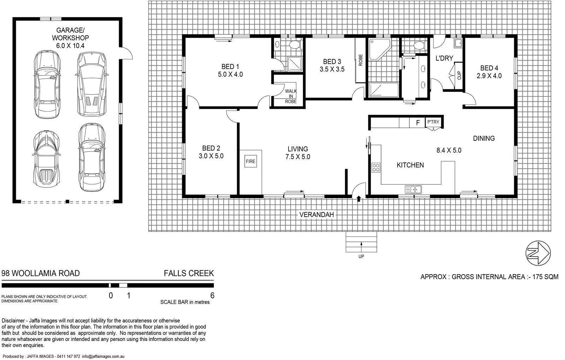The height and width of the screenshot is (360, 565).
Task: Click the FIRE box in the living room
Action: (x=250, y=161)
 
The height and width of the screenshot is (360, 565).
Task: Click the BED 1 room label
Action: (x=230, y=66)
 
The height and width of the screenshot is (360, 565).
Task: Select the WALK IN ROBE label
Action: (x=291, y=96)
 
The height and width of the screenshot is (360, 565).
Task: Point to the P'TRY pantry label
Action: (x=433, y=122)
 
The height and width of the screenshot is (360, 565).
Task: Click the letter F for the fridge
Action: (x=418, y=122)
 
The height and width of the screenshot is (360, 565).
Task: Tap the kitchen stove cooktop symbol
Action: (x=376, y=167)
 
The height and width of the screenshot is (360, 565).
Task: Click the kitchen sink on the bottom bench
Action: (x=413, y=190)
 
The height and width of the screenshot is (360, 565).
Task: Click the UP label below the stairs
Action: (x=361, y=257)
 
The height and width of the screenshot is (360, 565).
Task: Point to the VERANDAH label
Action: (x=316, y=215)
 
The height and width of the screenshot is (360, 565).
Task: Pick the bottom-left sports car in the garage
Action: (x=46, y=159)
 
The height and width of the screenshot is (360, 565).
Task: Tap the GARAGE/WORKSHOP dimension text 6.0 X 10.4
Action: (x=70, y=46)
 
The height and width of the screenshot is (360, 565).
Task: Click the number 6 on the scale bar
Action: (x=212, y=296)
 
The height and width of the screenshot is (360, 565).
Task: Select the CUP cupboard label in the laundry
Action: (x=459, y=75)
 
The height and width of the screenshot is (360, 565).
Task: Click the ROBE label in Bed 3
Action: (x=361, y=60)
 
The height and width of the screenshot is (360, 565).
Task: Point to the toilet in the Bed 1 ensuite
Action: (x=294, y=45)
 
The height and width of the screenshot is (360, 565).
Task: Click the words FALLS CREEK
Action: (x=189, y=274)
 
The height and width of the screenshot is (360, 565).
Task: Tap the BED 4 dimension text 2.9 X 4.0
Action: (x=491, y=76)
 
